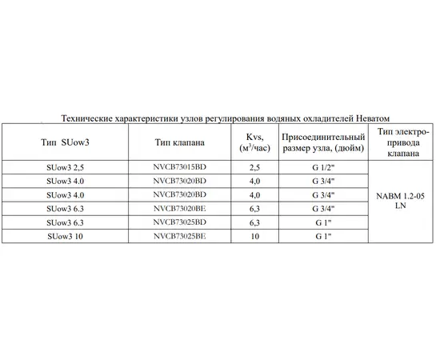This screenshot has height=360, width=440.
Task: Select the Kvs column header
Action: [x=255, y=142]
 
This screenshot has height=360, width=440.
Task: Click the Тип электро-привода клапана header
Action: [x=400, y=142]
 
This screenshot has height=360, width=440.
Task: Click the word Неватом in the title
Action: [x=374, y=117]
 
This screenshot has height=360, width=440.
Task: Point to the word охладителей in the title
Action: [x=326, y=117]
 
